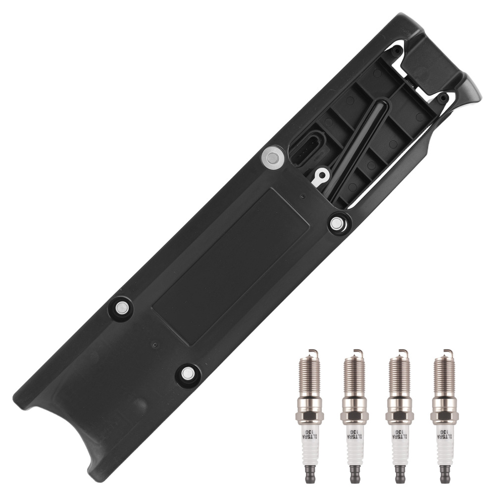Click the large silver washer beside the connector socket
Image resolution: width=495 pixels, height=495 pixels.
(271, 158)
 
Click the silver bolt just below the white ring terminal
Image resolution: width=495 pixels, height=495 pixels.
(337, 223)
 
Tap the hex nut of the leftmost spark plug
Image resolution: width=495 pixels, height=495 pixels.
(309, 414)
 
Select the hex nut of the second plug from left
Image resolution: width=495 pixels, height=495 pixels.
(354, 414)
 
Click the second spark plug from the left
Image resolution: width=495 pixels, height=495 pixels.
(354, 416)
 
